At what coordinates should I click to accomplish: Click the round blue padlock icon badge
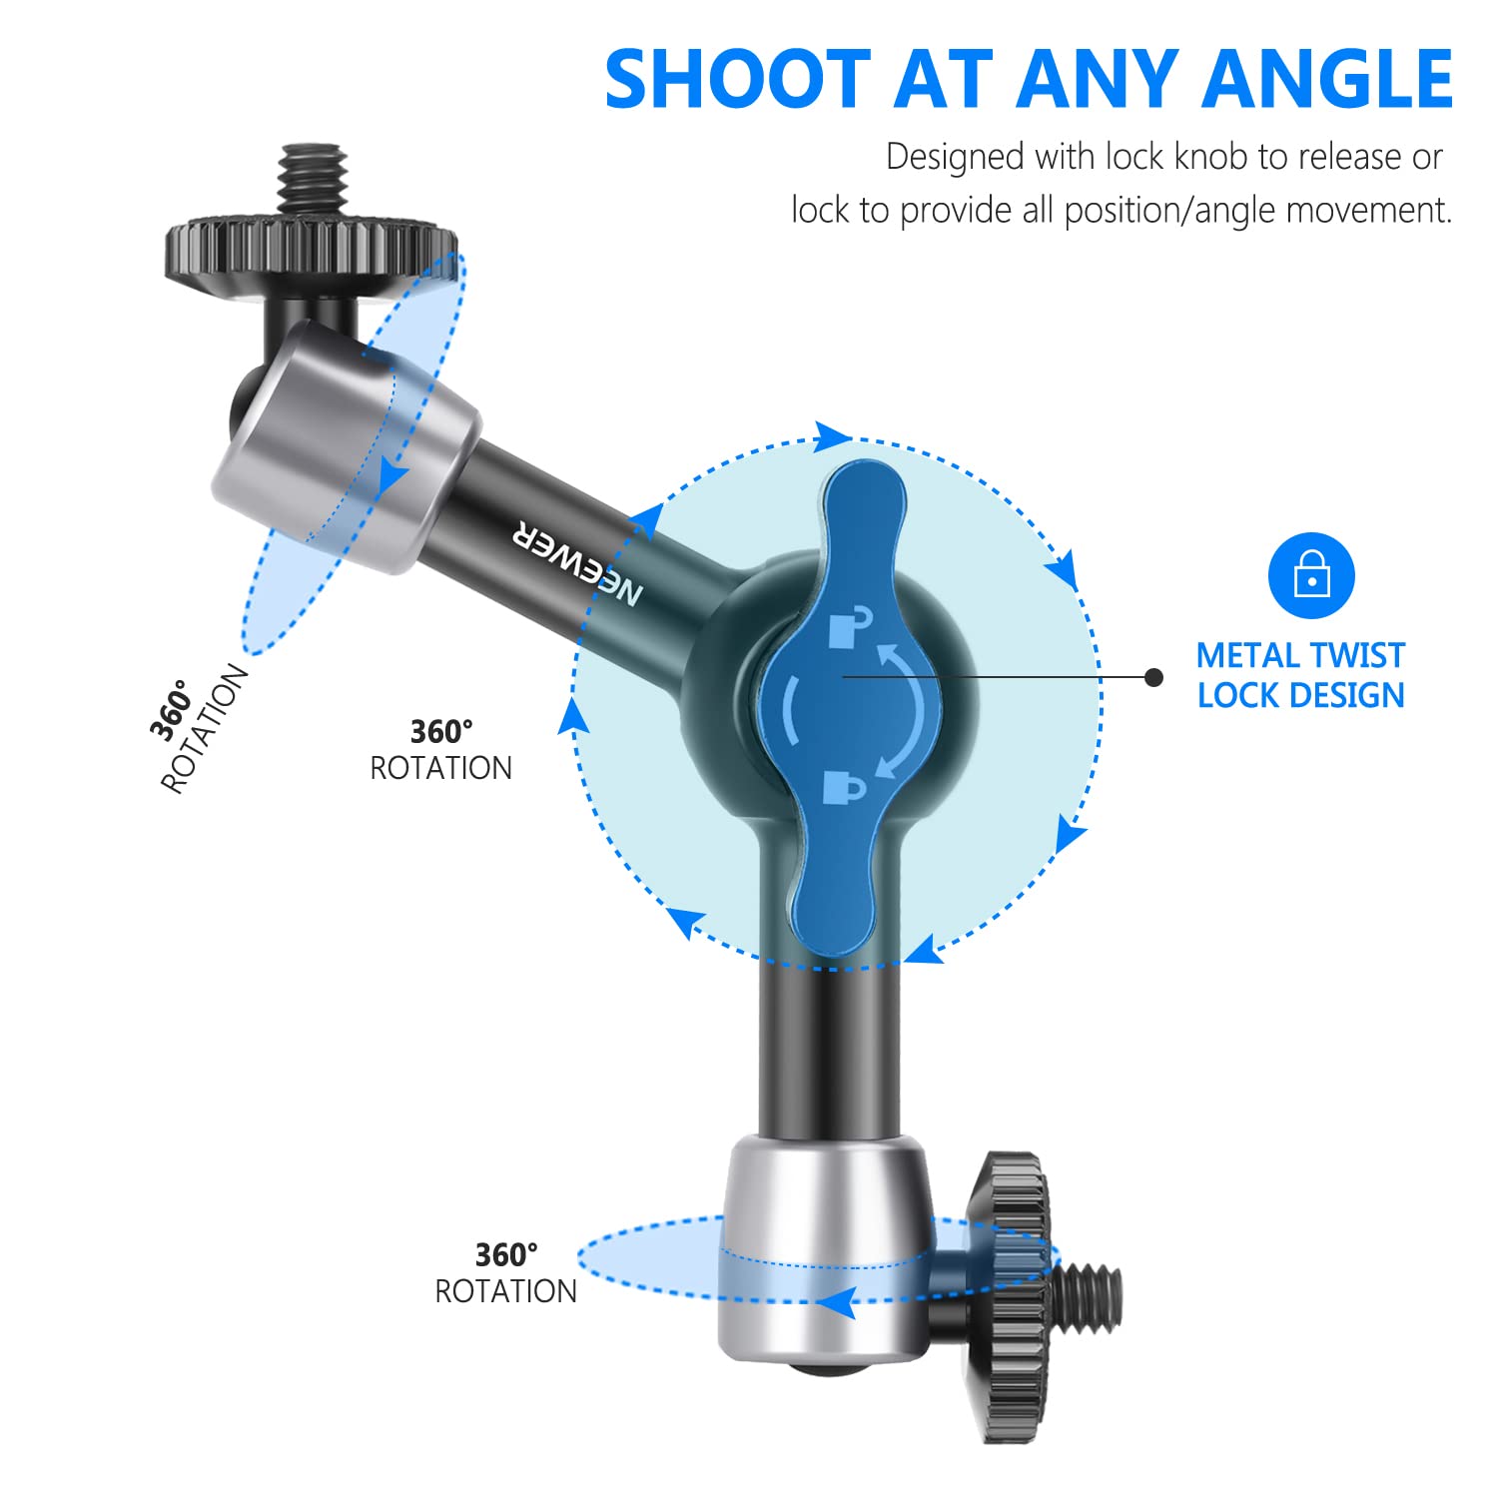point(1311,576)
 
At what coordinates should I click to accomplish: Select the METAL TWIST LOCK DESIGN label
point(1300,675)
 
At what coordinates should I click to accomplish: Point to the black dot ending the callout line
point(1154,678)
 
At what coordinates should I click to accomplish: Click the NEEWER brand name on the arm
point(577,564)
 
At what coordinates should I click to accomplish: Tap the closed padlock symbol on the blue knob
point(844,787)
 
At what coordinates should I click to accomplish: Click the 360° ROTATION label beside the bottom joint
point(505,1272)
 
